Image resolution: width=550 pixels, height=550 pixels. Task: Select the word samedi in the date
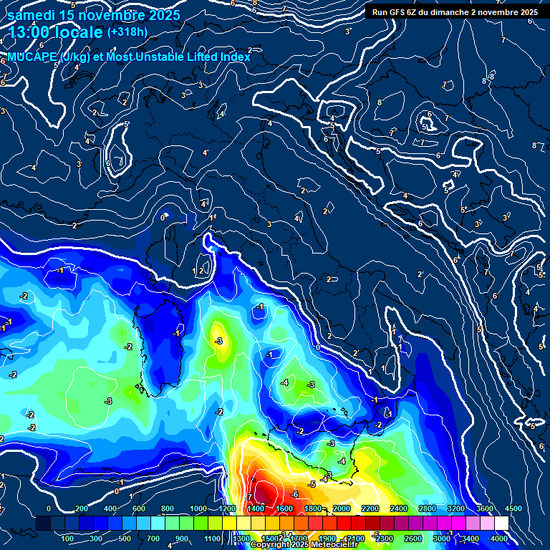coord(32,14)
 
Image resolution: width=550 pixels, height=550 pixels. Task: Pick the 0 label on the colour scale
coord(49,508)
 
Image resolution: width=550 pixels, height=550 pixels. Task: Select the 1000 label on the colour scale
coord(198,508)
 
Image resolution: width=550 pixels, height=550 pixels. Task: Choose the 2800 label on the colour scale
coord(427,508)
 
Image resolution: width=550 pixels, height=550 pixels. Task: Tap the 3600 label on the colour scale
coord(484,508)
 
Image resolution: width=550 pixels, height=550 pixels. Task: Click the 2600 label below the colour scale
coord(413,539)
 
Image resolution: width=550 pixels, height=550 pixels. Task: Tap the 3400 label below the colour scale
coord(470,539)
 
